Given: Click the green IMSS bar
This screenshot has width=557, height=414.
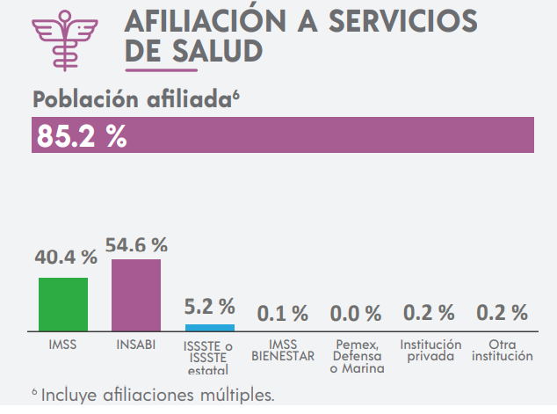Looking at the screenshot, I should pos(63,303).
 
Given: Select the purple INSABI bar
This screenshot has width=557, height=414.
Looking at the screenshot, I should pos(136,294).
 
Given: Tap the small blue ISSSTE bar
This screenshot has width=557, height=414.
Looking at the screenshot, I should pos(210,327).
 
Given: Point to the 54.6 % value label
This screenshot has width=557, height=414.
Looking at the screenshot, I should pos(136,245).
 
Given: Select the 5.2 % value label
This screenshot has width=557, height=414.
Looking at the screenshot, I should pos(210,307).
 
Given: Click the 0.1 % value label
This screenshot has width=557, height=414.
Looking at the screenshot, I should pos(282,312).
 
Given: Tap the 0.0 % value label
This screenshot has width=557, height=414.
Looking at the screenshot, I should pos(355,312).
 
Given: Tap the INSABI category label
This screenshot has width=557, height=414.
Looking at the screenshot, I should pos(136,345).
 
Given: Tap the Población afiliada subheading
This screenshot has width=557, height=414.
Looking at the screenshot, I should pos(134,99).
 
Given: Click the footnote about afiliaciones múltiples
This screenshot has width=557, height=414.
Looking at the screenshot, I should pos(154,395).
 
